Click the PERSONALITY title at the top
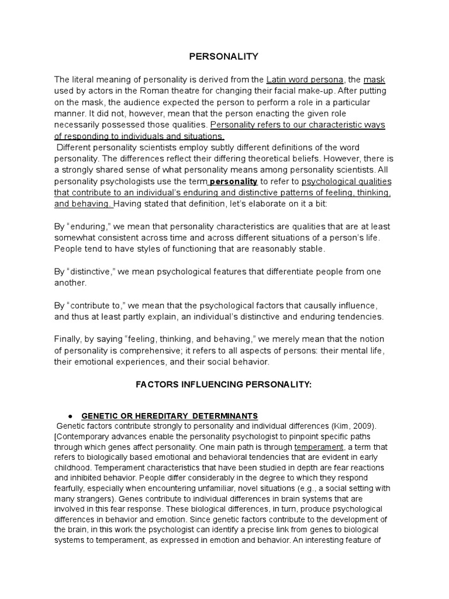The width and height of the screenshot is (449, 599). point(224,56)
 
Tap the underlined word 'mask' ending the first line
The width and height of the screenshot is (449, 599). point(374,80)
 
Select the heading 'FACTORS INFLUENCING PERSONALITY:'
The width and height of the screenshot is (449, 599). point(224,385)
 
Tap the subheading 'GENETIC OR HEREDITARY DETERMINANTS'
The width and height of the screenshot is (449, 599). point(169,416)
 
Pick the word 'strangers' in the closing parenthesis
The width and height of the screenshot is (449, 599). point(96,499)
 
